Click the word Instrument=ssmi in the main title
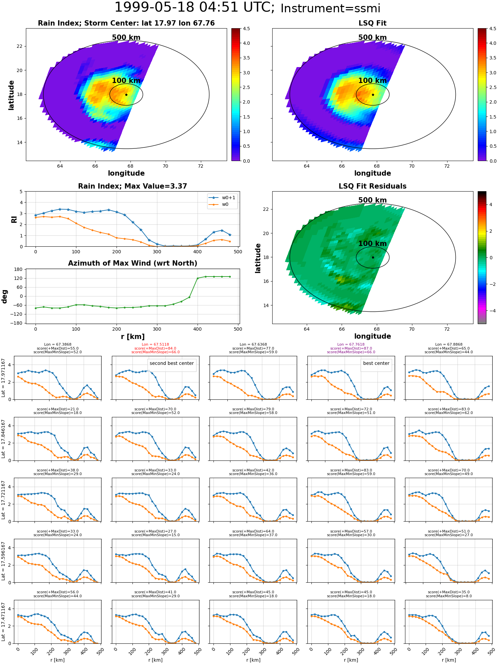[x=330, y=9]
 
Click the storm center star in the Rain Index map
[x=126, y=95]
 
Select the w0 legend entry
[x=219, y=205]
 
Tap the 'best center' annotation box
[x=376, y=363]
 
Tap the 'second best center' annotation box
[x=172, y=363]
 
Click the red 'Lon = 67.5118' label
[x=155, y=345]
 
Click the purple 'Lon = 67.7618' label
[x=351, y=345]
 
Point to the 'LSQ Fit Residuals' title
[x=373, y=186]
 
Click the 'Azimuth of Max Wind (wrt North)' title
[x=132, y=263]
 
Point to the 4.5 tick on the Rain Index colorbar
[x=246, y=29]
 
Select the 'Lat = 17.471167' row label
[x=4, y=622]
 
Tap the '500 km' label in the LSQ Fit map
[x=373, y=38]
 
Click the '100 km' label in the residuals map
[x=373, y=244]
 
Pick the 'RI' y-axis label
[x=14, y=219]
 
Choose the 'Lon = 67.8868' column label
[x=449, y=345]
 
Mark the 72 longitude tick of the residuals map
[x=447, y=329]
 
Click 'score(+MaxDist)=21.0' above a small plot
[x=57, y=409]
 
